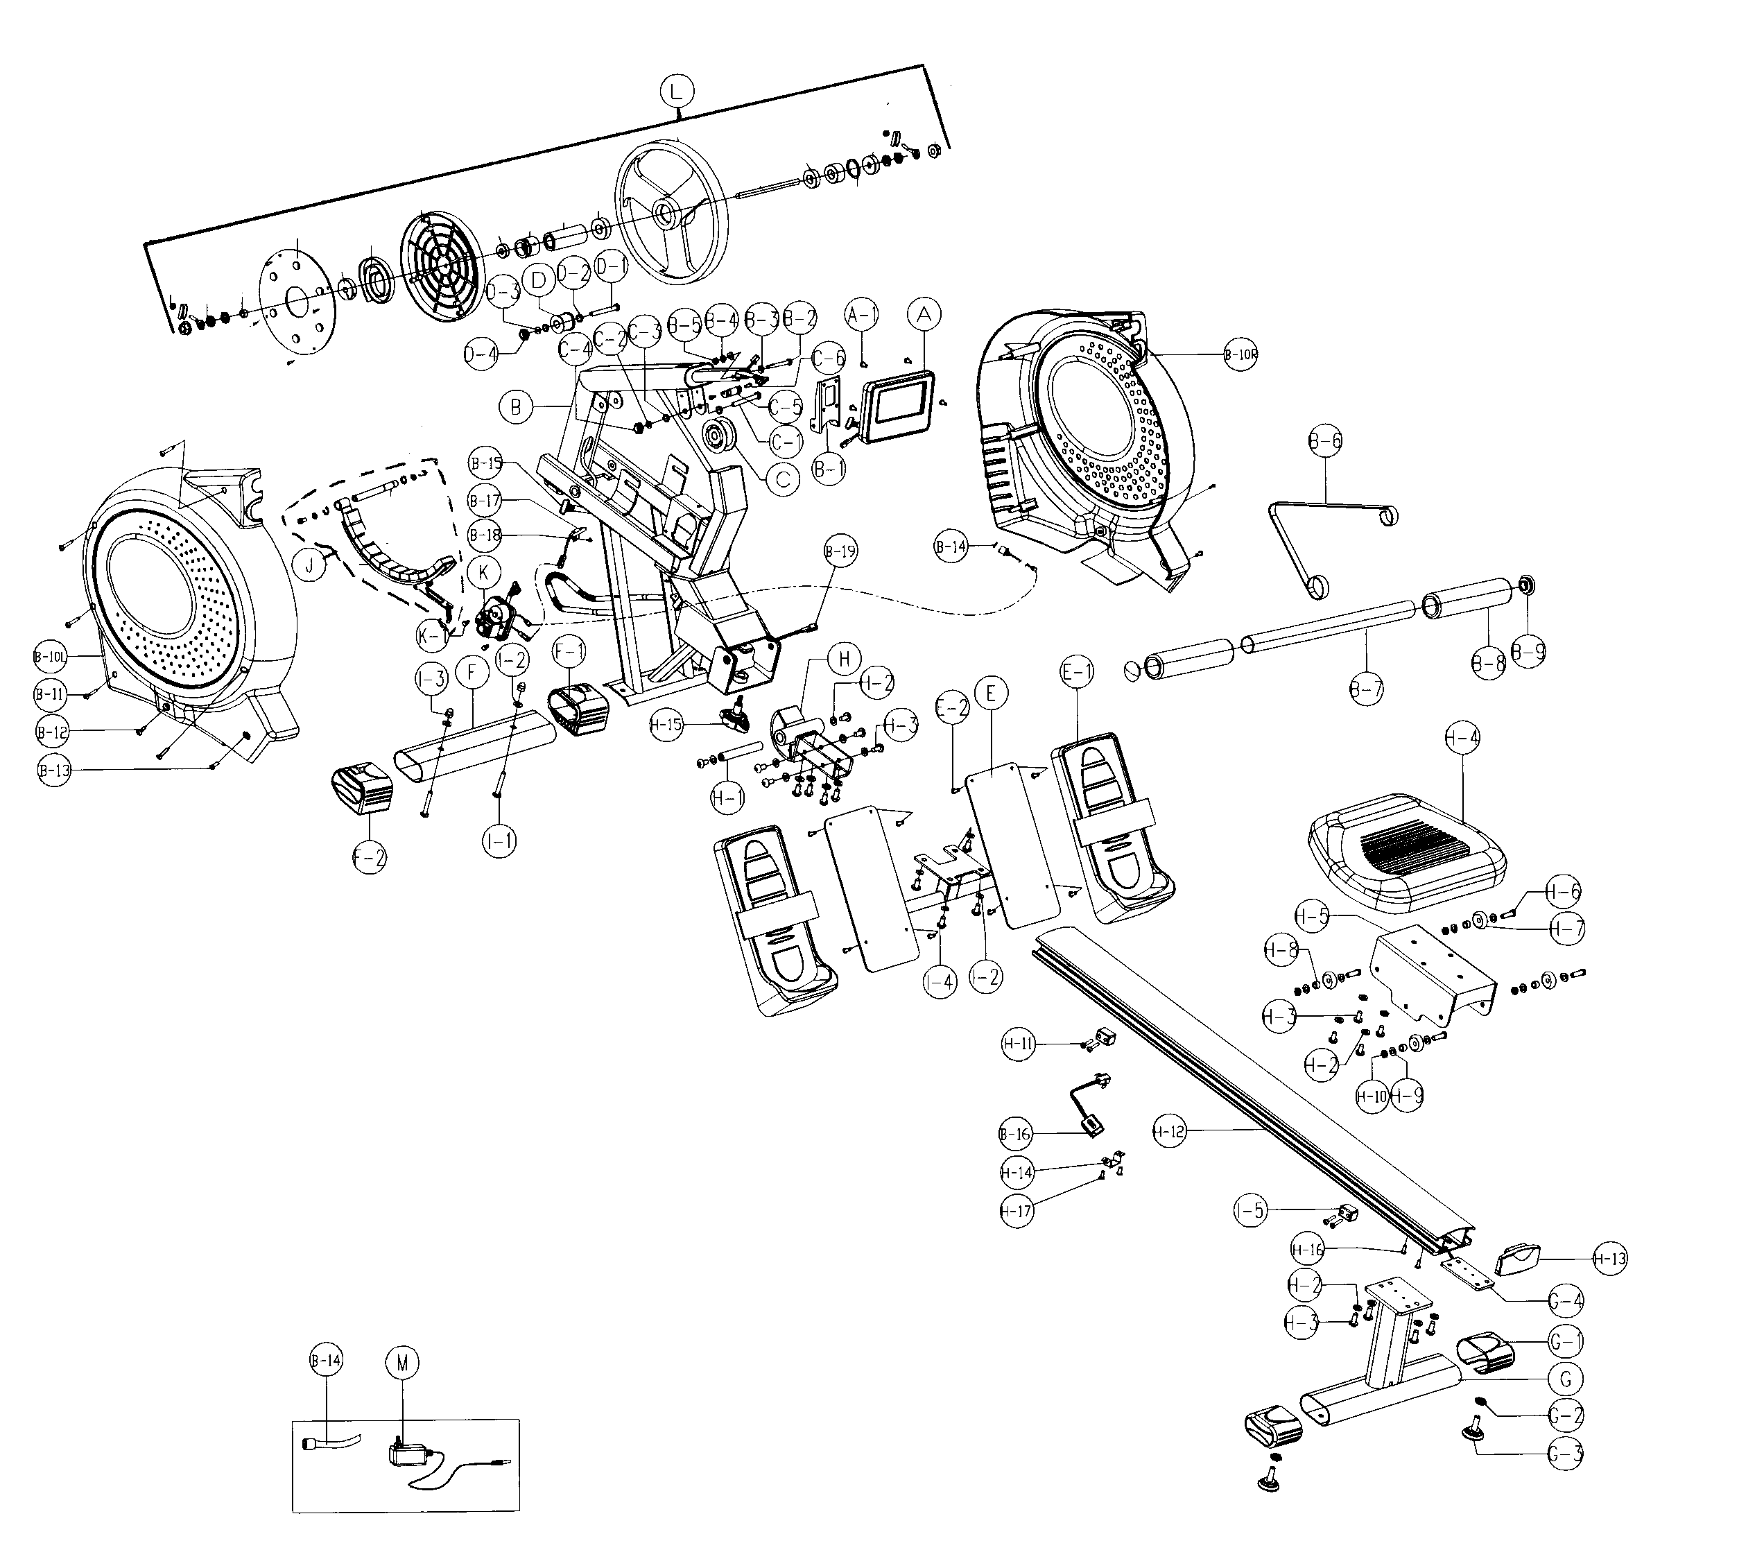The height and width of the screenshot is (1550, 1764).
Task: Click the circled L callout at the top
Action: point(677,89)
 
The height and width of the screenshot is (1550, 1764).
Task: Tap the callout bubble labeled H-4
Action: point(1462,738)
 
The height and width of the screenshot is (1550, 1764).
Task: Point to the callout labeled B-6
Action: point(1324,441)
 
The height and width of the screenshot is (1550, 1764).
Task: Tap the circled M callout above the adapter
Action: point(401,1363)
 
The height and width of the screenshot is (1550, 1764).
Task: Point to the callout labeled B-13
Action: point(54,770)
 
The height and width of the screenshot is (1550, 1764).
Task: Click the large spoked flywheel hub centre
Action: point(666,212)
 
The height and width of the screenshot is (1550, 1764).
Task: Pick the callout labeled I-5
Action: point(1249,1211)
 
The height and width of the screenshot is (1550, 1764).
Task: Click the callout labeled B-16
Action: point(1016,1134)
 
